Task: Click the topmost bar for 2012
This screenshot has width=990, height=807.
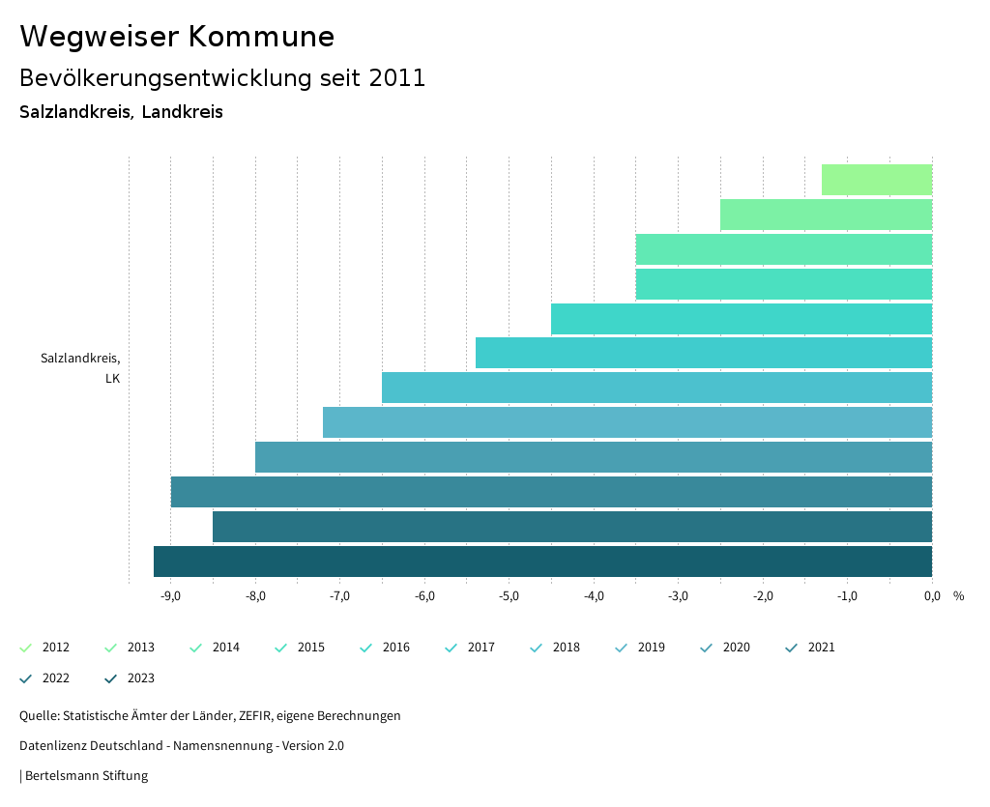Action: [876, 180]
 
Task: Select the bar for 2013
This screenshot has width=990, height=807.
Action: [826, 215]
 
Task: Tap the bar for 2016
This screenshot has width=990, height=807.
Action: [741, 319]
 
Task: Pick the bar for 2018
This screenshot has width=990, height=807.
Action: [656, 388]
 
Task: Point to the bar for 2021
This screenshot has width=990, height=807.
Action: [551, 492]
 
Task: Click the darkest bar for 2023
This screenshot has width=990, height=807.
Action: [542, 562]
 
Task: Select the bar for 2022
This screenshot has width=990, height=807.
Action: [571, 527]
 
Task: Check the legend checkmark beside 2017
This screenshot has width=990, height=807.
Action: [451, 648]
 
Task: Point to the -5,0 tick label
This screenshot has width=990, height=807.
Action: [509, 596]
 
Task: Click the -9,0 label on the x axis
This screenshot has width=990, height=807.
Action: [170, 596]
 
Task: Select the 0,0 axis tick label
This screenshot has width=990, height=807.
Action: [931, 596]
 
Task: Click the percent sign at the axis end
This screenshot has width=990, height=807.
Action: [958, 596]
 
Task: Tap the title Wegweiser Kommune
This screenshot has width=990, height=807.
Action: [177, 37]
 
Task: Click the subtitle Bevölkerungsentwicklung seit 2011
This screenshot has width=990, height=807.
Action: [222, 78]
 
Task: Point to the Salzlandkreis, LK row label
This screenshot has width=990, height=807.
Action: [80, 368]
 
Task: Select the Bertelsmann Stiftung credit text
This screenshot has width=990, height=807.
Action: [86, 775]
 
